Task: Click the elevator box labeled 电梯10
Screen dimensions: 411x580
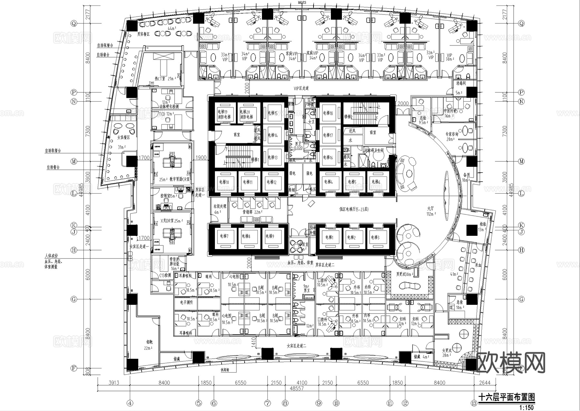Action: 223,182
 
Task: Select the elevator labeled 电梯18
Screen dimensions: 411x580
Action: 328,113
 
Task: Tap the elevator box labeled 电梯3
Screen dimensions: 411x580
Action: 375,237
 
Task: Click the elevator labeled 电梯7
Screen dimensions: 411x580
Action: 224,236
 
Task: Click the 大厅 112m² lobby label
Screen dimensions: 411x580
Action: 431,211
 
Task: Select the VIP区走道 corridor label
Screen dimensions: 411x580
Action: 301,88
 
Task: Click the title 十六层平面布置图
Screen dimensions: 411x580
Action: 507,396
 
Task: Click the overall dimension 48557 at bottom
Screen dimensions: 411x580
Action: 296,388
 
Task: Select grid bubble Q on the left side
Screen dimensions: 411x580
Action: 74,24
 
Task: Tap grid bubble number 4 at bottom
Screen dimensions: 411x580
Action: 130,403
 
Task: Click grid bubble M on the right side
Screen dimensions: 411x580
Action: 521,161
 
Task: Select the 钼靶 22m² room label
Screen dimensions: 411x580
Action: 149,345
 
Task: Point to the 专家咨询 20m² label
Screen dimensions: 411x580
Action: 453,136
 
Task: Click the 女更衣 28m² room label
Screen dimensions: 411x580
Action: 446,353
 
